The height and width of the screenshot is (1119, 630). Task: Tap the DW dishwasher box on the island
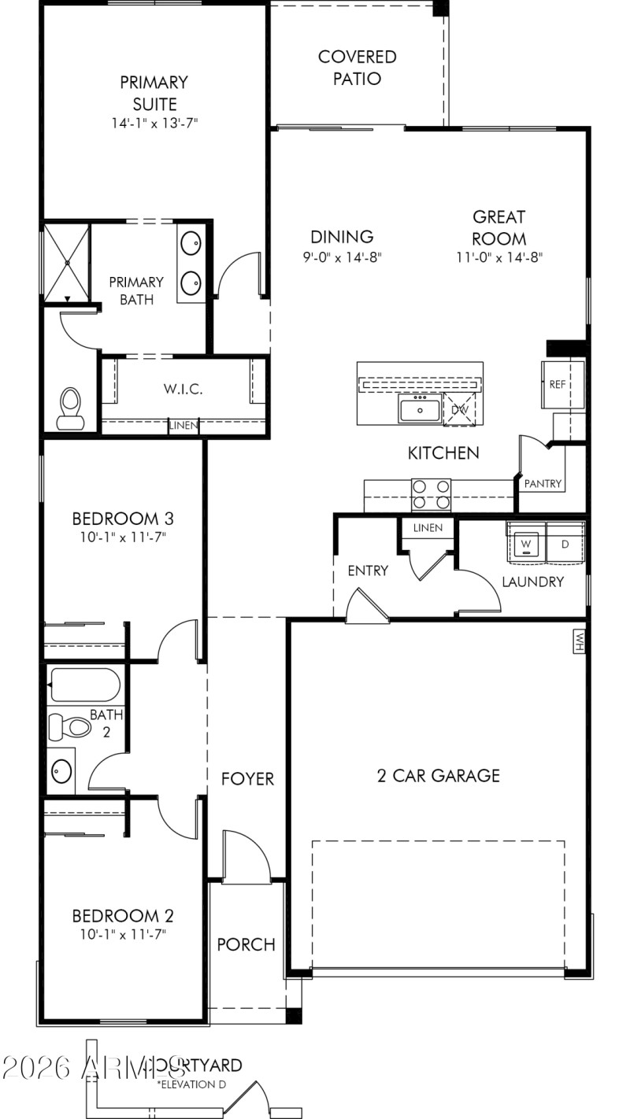(x=458, y=408)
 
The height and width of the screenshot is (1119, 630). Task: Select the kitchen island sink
(x=419, y=409)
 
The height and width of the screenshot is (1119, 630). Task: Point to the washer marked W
(x=526, y=544)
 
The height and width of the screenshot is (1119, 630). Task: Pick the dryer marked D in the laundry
(x=565, y=544)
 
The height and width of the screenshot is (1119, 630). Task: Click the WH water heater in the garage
(x=578, y=640)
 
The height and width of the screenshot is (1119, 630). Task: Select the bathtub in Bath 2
(x=84, y=685)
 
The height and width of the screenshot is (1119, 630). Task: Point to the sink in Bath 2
(x=61, y=770)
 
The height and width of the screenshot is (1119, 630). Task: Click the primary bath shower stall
(x=67, y=262)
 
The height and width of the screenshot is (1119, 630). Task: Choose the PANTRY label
(x=543, y=484)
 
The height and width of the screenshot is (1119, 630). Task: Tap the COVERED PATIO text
(x=357, y=68)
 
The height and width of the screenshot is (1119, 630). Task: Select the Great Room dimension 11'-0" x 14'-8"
(x=499, y=257)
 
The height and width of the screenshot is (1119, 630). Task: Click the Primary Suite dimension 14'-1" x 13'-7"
(x=154, y=124)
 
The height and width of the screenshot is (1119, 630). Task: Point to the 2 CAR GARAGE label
(x=438, y=776)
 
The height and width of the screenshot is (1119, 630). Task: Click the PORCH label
(x=246, y=944)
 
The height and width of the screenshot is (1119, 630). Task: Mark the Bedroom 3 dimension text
(x=123, y=537)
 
